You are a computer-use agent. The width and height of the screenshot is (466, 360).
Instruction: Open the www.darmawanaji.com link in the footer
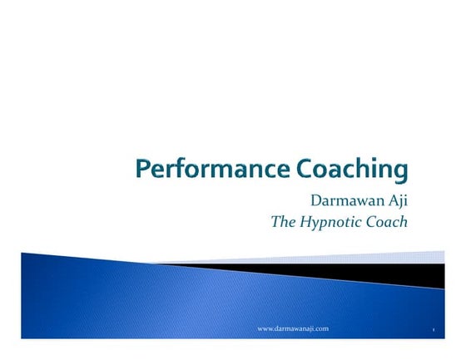[293, 329]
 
